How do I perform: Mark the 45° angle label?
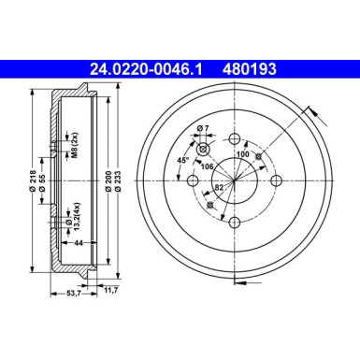coord(185,160)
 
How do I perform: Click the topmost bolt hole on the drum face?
coord(234,139)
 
